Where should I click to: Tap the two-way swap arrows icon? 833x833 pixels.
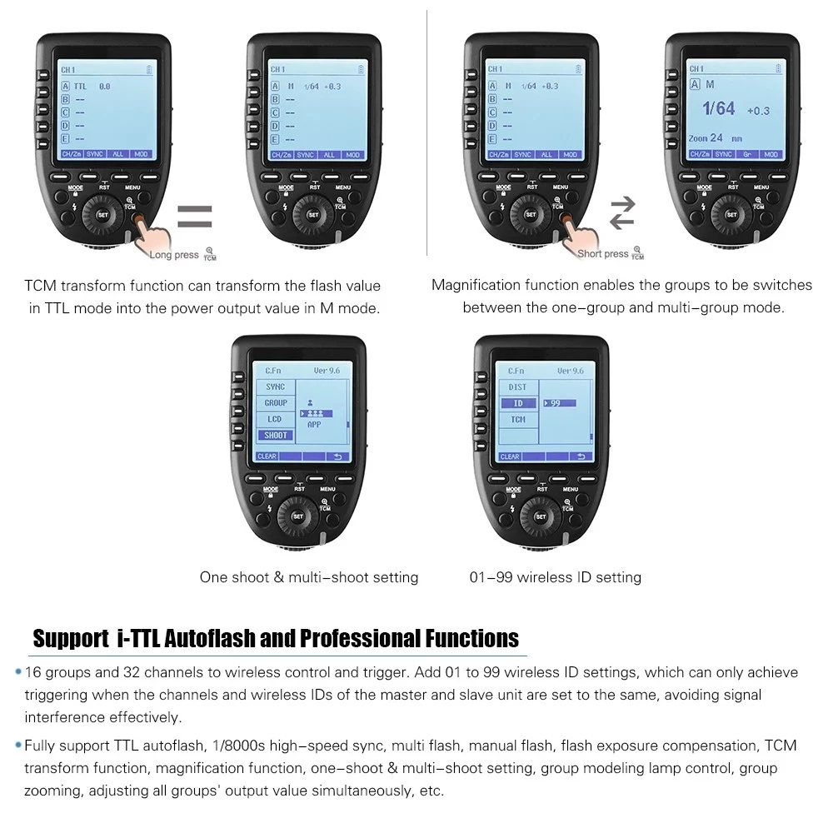622,214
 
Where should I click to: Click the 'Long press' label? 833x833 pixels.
174,255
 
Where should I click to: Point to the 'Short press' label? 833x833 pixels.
603,254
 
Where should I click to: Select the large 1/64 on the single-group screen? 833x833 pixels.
718,108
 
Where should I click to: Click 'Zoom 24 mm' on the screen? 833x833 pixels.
715,138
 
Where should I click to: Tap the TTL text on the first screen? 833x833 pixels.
80,86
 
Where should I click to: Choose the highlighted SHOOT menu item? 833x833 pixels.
276,435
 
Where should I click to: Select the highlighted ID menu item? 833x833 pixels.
517,403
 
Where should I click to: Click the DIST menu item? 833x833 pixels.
517,387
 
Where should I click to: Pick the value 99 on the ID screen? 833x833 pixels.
554,403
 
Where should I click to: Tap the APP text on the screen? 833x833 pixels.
314,424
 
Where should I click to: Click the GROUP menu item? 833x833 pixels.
276,403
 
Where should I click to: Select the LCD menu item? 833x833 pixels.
276,419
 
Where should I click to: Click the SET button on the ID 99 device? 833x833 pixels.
540,516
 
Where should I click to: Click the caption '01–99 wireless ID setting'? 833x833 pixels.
555,576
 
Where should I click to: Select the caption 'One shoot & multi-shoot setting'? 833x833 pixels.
309,576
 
